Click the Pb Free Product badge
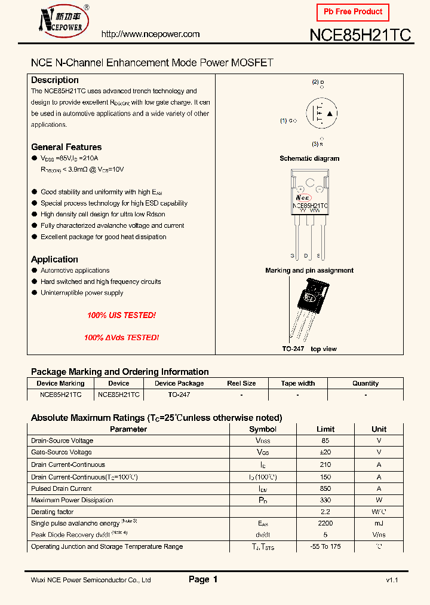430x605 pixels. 352,12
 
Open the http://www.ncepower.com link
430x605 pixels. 150,34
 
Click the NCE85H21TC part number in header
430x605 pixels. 360,35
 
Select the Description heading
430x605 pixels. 55,80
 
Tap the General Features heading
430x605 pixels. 66,147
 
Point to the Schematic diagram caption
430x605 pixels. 309,158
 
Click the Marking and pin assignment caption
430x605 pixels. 309,270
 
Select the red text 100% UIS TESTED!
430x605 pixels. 121,315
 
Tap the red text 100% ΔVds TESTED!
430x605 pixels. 121,338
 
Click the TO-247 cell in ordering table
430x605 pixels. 179,395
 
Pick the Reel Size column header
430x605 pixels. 241,383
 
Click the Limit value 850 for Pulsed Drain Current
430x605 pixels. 325,488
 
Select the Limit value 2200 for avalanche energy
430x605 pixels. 325,523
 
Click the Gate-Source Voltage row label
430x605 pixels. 62,453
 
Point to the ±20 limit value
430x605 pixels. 325,453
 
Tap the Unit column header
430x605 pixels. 379,429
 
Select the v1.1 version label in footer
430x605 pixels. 392,580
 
